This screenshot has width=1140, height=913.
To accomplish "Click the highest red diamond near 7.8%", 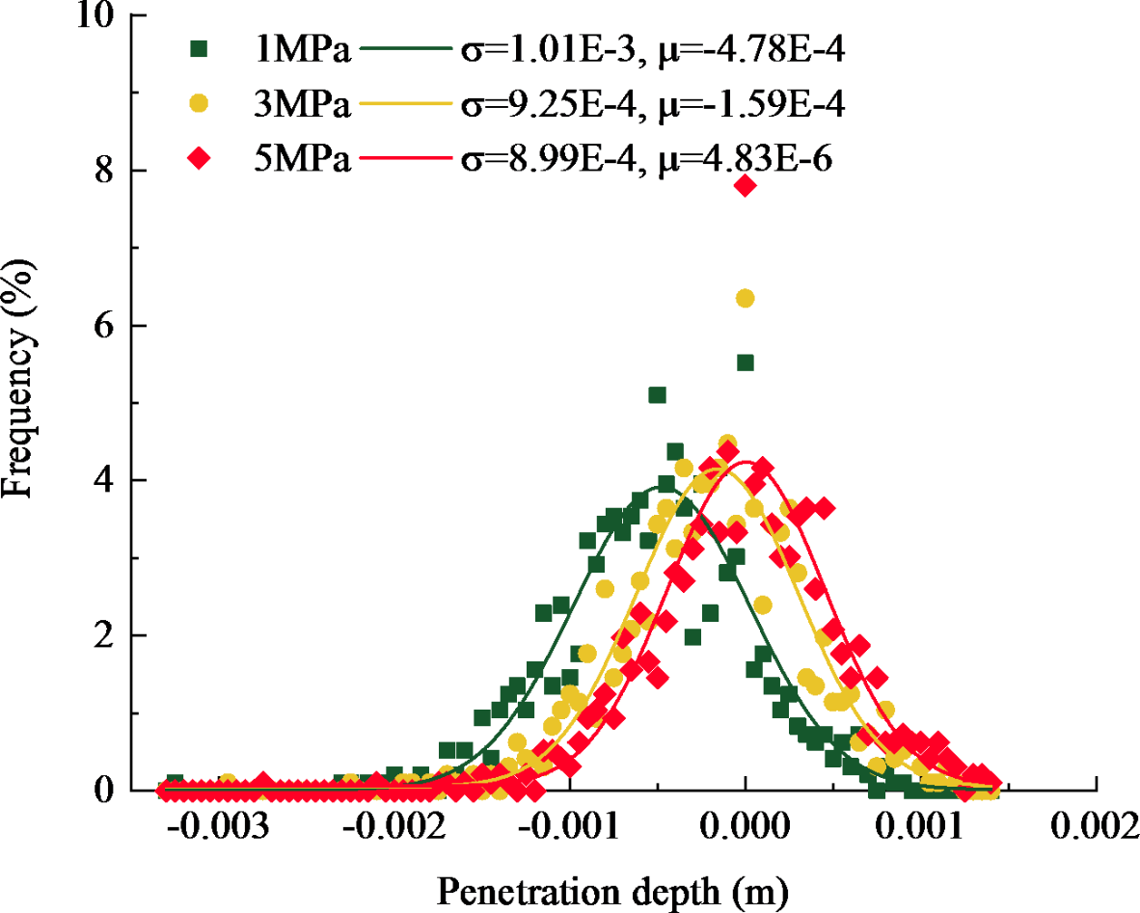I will (x=745, y=186).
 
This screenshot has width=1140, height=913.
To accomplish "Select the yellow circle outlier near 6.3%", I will (x=745, y=299).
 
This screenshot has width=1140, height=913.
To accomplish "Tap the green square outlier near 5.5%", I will (x=745, y=363).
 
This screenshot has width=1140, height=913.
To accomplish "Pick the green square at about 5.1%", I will (x=657, y=395).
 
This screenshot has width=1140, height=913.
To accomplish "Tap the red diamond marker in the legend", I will (x=200, y=160).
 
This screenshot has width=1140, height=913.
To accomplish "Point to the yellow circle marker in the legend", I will (x=200, y=106).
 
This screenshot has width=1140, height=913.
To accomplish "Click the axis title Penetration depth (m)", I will (x=613, y=888).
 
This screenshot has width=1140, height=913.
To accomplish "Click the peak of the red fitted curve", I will (x=746, y=462).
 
